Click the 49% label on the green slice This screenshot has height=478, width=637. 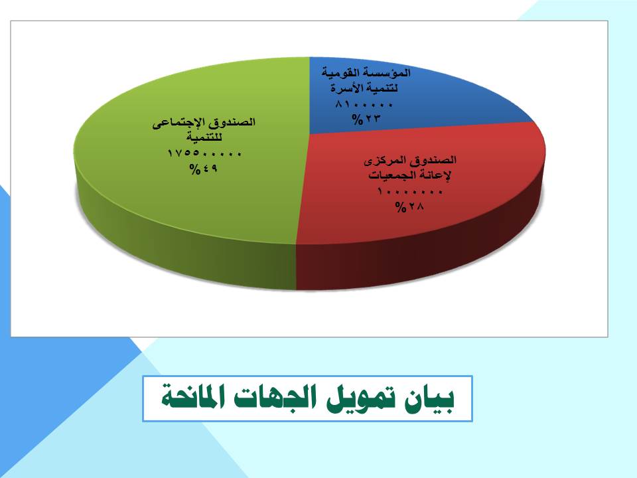[x=204, y=168]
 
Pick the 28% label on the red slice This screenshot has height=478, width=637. [x=409, y=206]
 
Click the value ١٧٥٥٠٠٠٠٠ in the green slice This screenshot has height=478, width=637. [x=204, y=153]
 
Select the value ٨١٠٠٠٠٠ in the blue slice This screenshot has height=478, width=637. [x=364, y=104]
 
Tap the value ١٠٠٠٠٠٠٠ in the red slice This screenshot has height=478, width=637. [x=409, y=191]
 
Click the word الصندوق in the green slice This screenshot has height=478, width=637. [x=234, y=122]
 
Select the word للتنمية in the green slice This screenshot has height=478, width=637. [x=204, y=137]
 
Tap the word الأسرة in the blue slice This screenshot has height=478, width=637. [x=344, y=88]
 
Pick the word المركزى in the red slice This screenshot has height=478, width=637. [x=380, y=161]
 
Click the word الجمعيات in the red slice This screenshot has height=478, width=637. [x=387, y=175]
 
